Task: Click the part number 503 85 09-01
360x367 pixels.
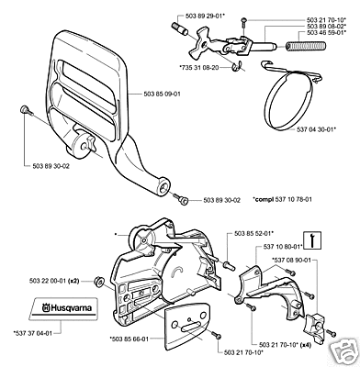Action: [x=162, y=95]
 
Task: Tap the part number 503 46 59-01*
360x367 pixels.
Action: [x=326, y=31]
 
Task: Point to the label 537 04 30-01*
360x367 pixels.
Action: [x=316, y=129]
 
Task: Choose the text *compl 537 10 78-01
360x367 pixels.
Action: [x=283, y=199]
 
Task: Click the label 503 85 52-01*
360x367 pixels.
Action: [x=253, y=233]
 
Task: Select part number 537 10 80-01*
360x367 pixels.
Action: [x=283, y=246]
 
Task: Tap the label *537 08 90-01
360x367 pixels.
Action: [x=291, y=260]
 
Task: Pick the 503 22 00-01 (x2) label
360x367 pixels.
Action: [x=55, y=281]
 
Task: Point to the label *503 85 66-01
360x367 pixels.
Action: [x=129, y=339]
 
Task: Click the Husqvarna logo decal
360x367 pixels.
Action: [x=64, y=308]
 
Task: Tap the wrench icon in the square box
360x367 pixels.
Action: [x=311, y=239]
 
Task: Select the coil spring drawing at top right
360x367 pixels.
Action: [x=306, y=46]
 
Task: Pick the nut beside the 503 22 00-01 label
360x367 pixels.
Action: [x=99, y=281]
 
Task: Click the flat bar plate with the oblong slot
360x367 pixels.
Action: [x=187, y=328]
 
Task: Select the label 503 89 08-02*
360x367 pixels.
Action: [x=326, y=27]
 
